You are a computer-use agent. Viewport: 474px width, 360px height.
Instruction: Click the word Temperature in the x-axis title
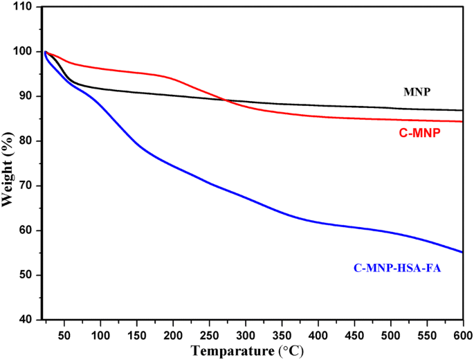coord(229,350)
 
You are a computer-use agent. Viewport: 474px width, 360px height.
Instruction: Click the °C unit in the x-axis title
coord(293,350)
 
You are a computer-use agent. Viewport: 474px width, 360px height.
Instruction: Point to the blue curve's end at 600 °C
coord(462,252)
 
